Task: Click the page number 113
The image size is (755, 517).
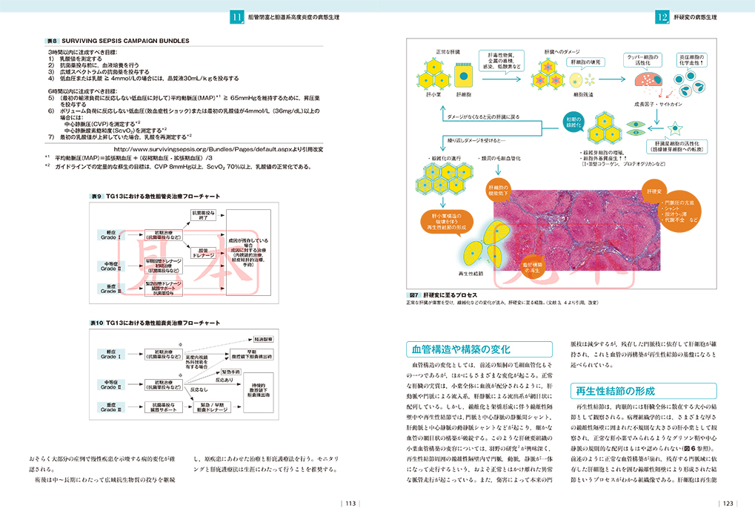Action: click(x=351, y=504)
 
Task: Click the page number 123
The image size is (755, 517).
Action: click(x=728, y=504)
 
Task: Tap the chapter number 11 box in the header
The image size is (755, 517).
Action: click(x=237, y=16)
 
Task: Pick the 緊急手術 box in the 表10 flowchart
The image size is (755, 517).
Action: click(x=240, y=371)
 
